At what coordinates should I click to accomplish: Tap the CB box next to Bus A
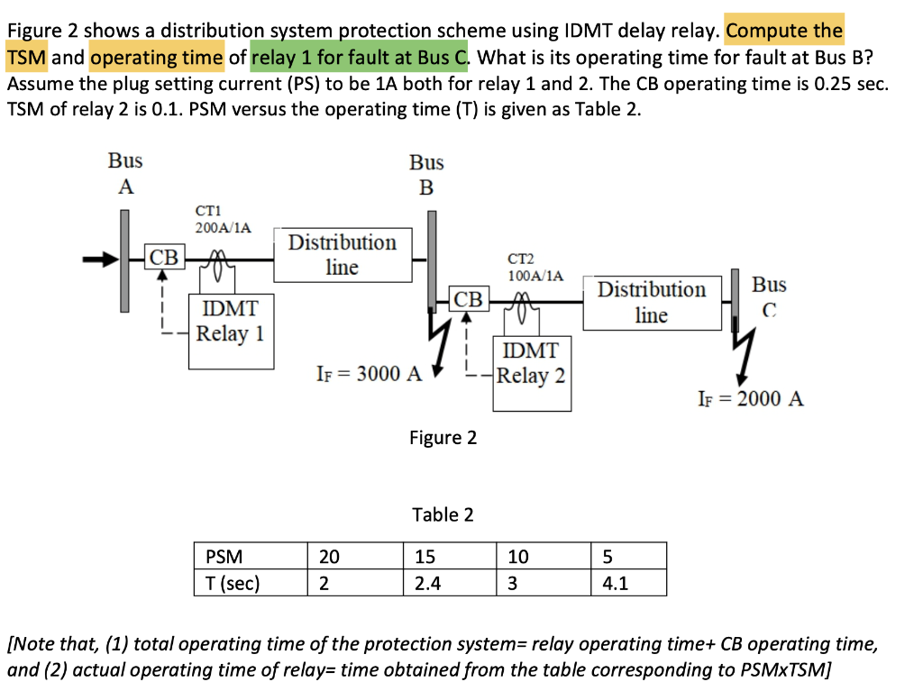(x=164, y=258)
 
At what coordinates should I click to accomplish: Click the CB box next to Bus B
(x=469, y=299)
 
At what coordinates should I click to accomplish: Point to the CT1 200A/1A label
(x=223, y=219)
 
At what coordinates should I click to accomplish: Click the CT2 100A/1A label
(x=535, y=267)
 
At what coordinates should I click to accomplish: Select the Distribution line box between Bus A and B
(x=343, y=255)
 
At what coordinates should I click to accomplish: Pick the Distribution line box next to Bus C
(x=652, y=302)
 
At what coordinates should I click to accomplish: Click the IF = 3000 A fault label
(x=370, y=374)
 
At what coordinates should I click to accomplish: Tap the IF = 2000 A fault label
(x=751, y=398)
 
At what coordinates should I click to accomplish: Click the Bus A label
(x=125, y=174)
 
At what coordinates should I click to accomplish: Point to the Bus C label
(x=769, y=296)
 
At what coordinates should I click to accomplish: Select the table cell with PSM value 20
(x=354, y=557)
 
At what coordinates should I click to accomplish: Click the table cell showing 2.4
(x=449, y=583)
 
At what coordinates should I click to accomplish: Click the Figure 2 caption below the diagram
(x=443, y=438)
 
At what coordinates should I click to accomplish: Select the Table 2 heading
(x=443, y=514)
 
